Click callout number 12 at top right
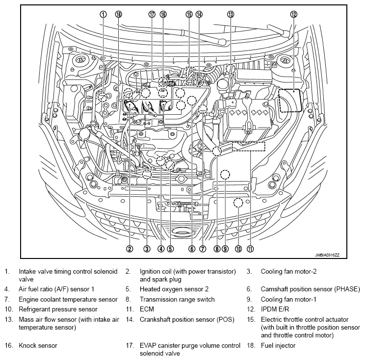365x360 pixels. pos(293,14)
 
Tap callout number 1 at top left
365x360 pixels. pos(103,14)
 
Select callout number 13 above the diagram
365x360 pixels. pos(230,14)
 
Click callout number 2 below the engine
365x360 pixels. pos(130,249)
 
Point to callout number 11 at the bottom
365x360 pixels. pos(250,249)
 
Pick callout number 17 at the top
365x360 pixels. pos(152,14)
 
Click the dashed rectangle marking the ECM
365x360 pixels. pos(248,146)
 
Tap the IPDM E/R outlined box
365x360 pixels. pos(289,101)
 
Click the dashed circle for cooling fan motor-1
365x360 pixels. pos(225,174)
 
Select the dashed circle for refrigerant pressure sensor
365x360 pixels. pos(238,202)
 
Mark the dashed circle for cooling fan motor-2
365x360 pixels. pos(147,174)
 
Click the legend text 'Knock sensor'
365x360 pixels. pos(38,345)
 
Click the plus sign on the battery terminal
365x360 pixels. pos(233,103)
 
